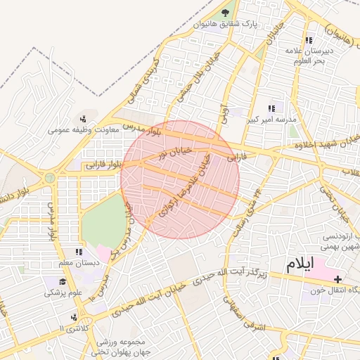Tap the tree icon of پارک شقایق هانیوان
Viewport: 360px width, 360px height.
(x=226, y=12)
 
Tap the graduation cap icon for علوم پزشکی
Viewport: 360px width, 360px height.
(x=52, y=281)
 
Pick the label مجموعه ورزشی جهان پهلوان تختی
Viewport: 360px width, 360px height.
(x=124, y=347)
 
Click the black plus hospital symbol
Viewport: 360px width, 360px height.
(x=338, y=280)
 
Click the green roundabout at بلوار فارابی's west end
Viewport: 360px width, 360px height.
(x=50, y=178)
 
